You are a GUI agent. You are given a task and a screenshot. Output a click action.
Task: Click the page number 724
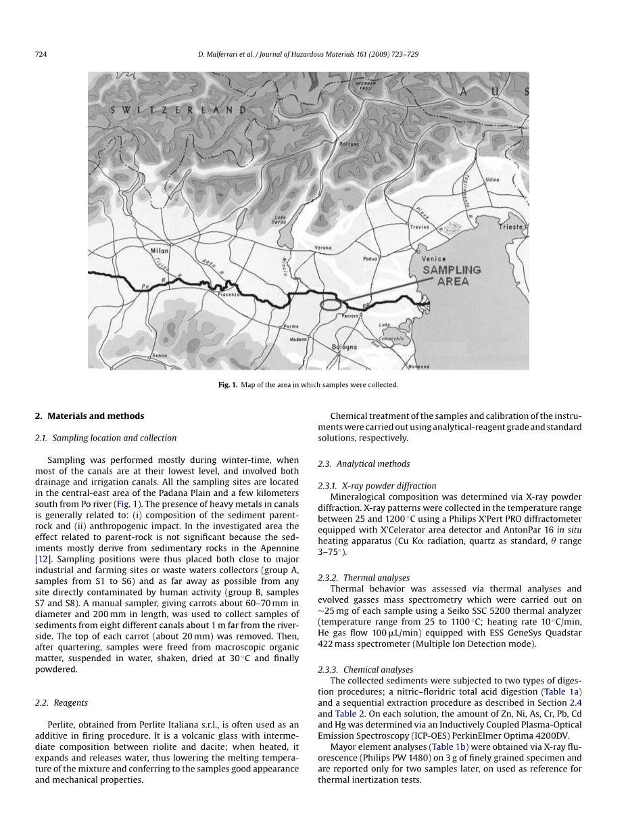tap(40, 54)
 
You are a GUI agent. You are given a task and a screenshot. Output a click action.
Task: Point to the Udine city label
tap(492, 180)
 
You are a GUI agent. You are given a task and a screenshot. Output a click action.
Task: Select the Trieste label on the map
tap(511, 227)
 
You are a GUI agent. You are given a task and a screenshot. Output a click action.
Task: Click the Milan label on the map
tap(159, 250)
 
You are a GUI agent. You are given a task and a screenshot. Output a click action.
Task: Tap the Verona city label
tap(323, 248)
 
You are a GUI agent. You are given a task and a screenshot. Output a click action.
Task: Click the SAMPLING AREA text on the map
tap(452, 275)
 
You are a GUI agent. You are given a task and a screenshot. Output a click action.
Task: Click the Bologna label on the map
tap(344, 347)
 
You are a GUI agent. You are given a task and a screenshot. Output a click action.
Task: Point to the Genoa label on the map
tap(160, 355)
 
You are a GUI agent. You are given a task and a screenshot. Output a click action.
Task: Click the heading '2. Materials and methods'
tap(89, 416)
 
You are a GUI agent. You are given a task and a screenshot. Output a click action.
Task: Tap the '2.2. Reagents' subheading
tap(61, 703)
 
